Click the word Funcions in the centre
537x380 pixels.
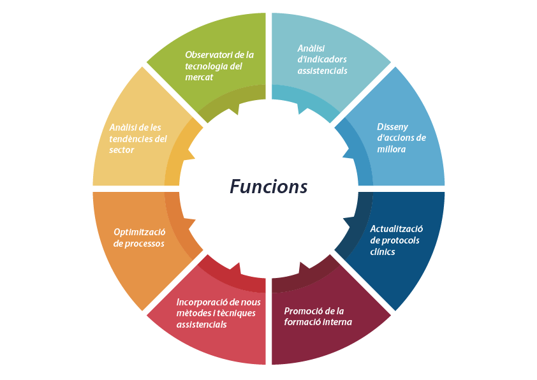point(268,187)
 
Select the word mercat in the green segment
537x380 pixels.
point(199,77)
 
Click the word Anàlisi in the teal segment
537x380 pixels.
point(311,48)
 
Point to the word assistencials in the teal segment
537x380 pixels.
point(322,71)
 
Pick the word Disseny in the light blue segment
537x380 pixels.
point(392,126)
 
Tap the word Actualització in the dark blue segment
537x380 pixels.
point(397,229)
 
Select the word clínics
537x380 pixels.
point(383,252)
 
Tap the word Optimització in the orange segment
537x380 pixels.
point(140,231)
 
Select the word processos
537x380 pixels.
point(147,244)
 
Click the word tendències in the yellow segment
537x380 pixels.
point(131,138)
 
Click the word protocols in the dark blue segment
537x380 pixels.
point(401,240)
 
